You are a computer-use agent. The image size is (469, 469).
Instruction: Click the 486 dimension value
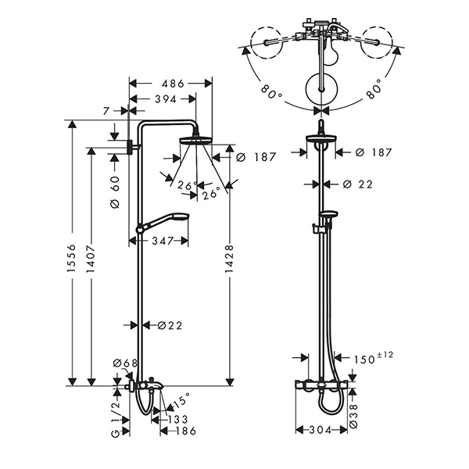tap(173, 84)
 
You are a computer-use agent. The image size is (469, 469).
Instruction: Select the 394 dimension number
tap(166, 99)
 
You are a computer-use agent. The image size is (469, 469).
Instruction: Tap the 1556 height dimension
tap(71, 258)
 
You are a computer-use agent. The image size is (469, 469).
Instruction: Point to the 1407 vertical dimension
tap(91, 259)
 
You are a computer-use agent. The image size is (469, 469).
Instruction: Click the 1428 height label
tap(229, 259)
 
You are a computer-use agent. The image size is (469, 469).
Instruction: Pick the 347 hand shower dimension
tap(163, 241)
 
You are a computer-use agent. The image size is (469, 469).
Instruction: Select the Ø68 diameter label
tap(125, 363)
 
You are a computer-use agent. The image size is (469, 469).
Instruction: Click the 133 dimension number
tap(177, 419)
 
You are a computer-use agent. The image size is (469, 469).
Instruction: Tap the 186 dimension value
tap(185, 431)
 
